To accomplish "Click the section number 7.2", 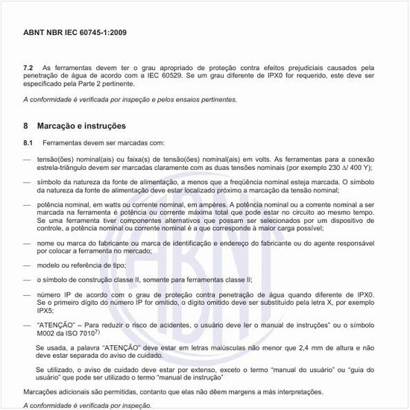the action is pyautogui.click(x=28, y=68).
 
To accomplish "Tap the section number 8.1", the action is pyautogui.click(x=28, y=142).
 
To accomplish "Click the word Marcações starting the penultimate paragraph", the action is pyautogui.click(x=43, y=391).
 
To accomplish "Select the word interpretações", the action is pyautogui.click(x=276, y=391).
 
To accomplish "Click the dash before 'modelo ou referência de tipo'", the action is pyautogui.click(x=27, y=265).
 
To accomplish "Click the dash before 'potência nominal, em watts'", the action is pyautogui.click(x=27, y=204).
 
